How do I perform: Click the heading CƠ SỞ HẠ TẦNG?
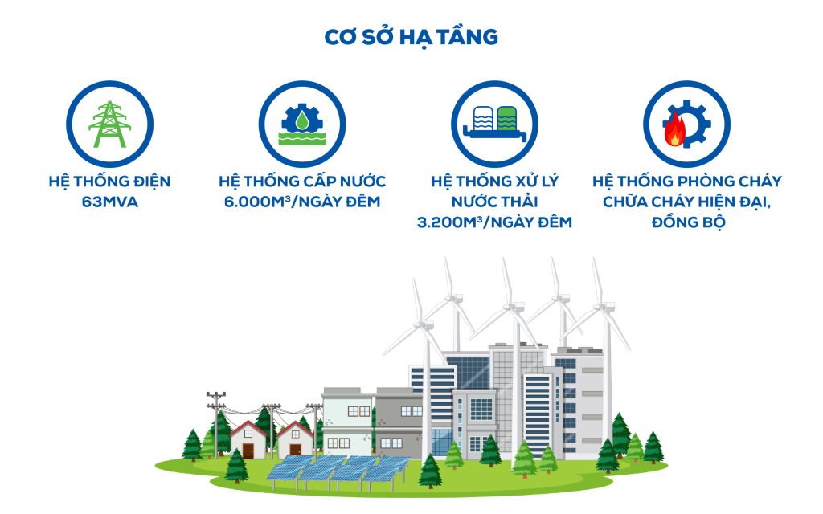click(411, 37)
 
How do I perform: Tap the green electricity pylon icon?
click(109, 124)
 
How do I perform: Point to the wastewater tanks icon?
click(494, 123)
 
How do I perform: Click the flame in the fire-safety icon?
click(674, 129)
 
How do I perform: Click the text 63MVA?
click(109, 202)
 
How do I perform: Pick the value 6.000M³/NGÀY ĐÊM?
click(302, 202)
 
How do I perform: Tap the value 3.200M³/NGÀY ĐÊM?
click(494, 222)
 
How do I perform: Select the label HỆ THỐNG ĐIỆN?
click(109, 182)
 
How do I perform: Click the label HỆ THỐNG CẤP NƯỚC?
click(302, 181)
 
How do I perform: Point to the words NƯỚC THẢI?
click(494, 202)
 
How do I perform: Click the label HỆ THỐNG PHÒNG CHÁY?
click(687, 182)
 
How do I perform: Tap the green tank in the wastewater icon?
click(506, 119)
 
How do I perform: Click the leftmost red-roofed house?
click(248, 439)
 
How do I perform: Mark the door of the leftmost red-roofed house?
click(248, 451)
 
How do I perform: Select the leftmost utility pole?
click(215, 425)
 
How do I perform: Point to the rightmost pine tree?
click(653, 447)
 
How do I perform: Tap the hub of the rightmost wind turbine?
click(604, 306)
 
